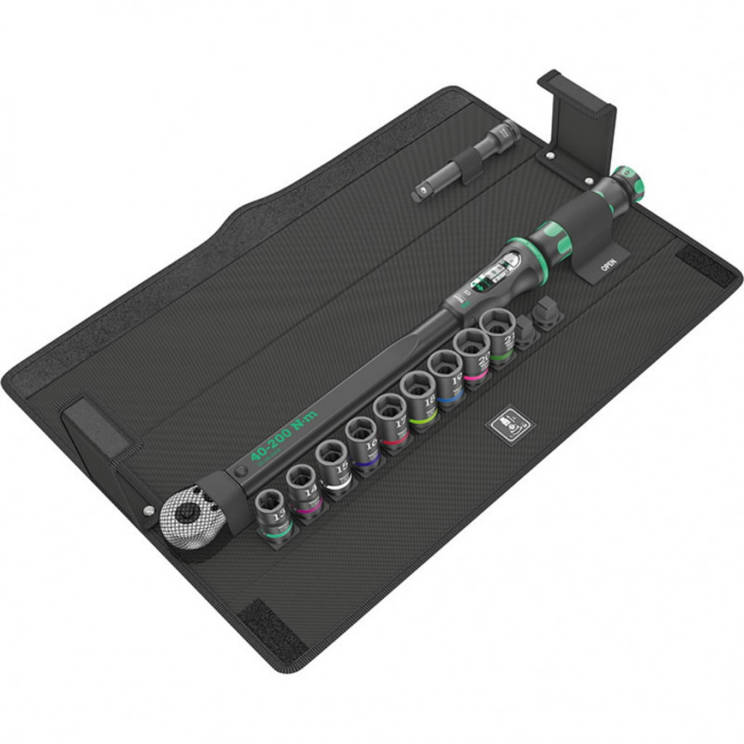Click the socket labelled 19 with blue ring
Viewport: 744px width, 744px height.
pyautogui.click(x=446, y=368)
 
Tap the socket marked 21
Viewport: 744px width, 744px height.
pyautogui.click(x=499, y=327)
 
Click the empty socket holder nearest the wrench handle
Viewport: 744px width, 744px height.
pyautogui.click(x=548, y=312)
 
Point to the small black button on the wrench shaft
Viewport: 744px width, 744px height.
pyautogui.click(x=241, y=470)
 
